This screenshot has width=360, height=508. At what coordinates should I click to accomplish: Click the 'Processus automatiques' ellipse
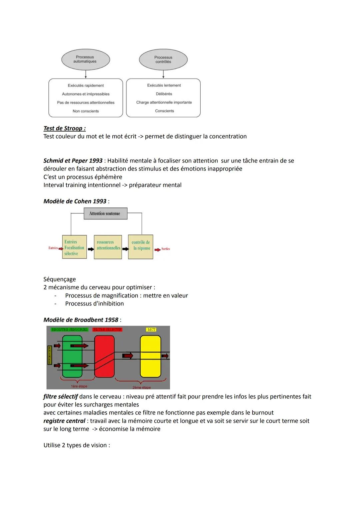(85, 59)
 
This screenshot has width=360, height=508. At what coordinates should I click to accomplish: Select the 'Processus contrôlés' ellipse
(163, 60)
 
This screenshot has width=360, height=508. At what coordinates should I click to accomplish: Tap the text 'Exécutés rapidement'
(86, 86)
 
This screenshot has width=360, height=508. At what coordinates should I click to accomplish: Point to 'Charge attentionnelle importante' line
(164, 102)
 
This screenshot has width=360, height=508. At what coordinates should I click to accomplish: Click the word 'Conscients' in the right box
(164, 111)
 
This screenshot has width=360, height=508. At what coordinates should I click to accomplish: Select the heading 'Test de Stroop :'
(64, 128)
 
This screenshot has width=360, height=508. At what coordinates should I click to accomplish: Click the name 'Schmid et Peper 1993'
(73, 161)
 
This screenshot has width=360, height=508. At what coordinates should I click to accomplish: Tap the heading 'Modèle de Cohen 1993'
(75, 201)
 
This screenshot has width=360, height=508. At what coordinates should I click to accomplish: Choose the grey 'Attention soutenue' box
(105, 214)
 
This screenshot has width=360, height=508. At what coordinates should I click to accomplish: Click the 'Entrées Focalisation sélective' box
(74, 247)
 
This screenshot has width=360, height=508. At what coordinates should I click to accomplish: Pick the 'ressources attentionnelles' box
(108, 247)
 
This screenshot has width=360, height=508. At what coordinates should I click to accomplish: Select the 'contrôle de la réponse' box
(141, 247)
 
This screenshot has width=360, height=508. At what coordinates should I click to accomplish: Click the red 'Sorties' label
(166, 249)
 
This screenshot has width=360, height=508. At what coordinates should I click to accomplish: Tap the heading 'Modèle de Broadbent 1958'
(81, 320)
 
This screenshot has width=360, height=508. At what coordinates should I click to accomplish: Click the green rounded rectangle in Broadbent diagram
(72, 356)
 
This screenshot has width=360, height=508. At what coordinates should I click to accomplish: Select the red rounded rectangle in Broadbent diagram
(104, 356)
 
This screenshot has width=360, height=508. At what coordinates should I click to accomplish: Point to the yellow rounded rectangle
(150, 356)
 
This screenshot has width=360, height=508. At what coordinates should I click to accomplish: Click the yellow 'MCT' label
(151, 329)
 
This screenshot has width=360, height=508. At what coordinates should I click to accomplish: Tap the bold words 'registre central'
(64, 421)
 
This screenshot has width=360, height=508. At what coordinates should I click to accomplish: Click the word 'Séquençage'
(60, 279)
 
